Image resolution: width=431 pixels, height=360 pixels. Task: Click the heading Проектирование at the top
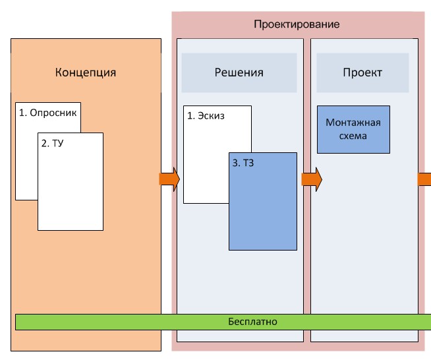297,24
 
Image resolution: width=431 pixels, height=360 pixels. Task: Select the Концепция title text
86,73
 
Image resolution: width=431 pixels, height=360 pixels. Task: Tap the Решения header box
239,73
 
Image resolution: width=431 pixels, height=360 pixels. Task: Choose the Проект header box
362,73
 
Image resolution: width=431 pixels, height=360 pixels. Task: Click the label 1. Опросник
48,113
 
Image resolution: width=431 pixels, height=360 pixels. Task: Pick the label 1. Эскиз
206,116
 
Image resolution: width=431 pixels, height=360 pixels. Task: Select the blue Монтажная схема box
353,129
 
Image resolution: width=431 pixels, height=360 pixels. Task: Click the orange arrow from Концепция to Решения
169,179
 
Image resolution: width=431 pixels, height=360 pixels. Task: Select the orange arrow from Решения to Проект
311,178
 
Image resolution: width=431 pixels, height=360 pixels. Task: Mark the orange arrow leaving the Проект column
424,178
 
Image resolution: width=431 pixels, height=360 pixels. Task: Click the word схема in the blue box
354,136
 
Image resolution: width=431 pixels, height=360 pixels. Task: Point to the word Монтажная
354,123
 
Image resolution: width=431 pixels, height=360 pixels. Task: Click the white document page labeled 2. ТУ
71,191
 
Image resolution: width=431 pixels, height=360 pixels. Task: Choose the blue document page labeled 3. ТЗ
262,211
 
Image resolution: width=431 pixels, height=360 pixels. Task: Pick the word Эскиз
211,116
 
